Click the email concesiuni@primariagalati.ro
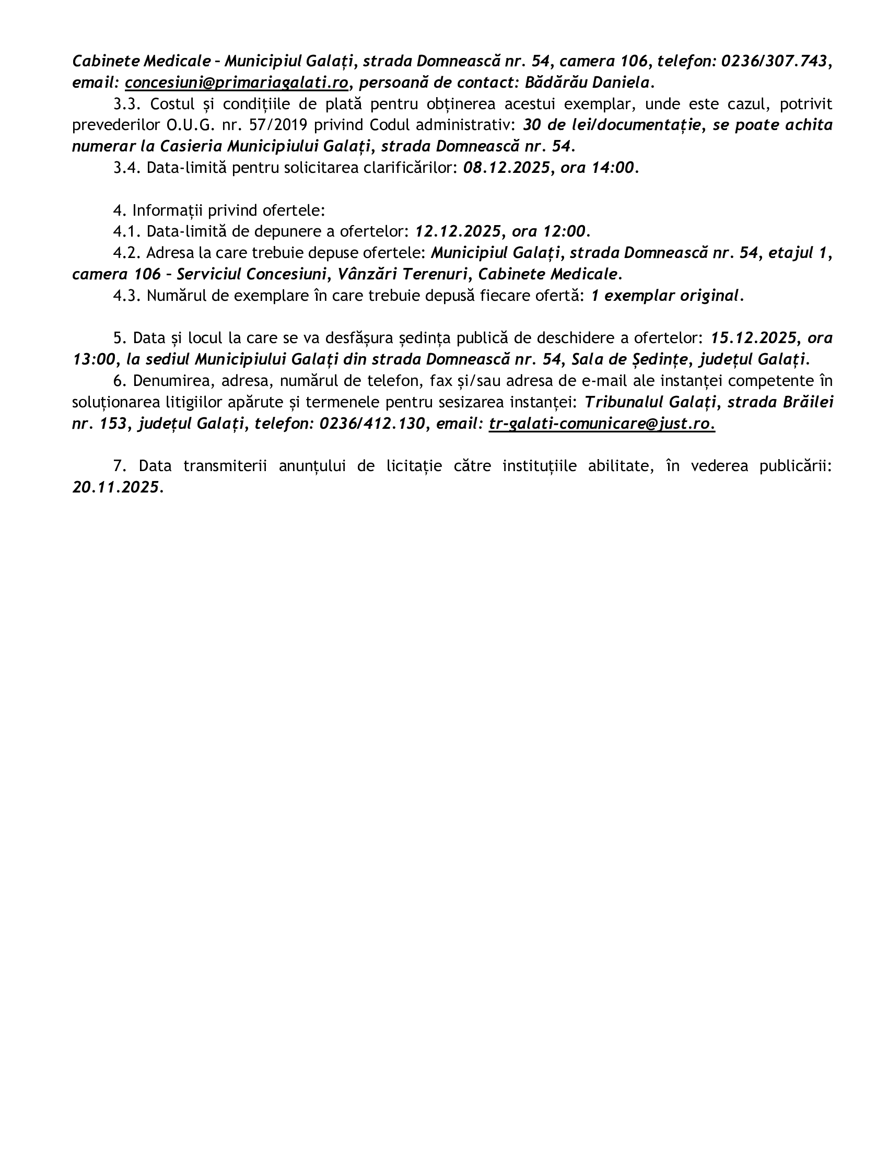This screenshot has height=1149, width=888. [237, 83]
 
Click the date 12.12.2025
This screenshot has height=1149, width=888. [458, 231]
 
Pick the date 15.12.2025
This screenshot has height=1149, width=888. [753, 337]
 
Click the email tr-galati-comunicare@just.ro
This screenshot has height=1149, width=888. [601, 424]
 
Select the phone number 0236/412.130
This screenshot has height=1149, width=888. [372, 424]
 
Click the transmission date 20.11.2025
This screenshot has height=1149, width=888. [115, 487]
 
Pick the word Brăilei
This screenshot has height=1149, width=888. [808, 402]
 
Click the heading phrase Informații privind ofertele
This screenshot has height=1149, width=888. [228, 210]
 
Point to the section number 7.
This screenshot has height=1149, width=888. [119, 465]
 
